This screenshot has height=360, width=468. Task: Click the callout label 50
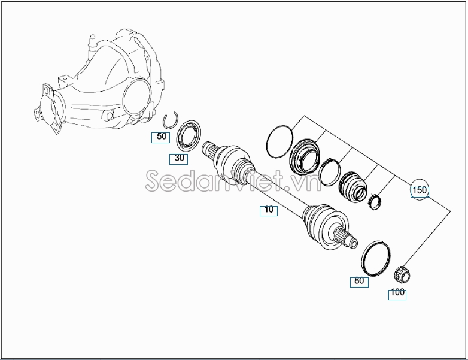pyautogui.click(x=160, y=137)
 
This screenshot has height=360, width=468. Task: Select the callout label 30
pyautogui.click(x=178, y=159)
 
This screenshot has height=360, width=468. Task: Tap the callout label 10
pyautogui.click(x=269, y=210)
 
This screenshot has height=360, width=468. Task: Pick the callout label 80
pyautogui.click(x=359, y=282)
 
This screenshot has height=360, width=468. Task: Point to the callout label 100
pyautogui.click(x=397, y=294)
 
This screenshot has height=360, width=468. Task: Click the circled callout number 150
pyautogui.click(x=420, y=190)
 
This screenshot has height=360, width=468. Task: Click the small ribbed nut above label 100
pyautogui.click(x=402, y=274)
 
